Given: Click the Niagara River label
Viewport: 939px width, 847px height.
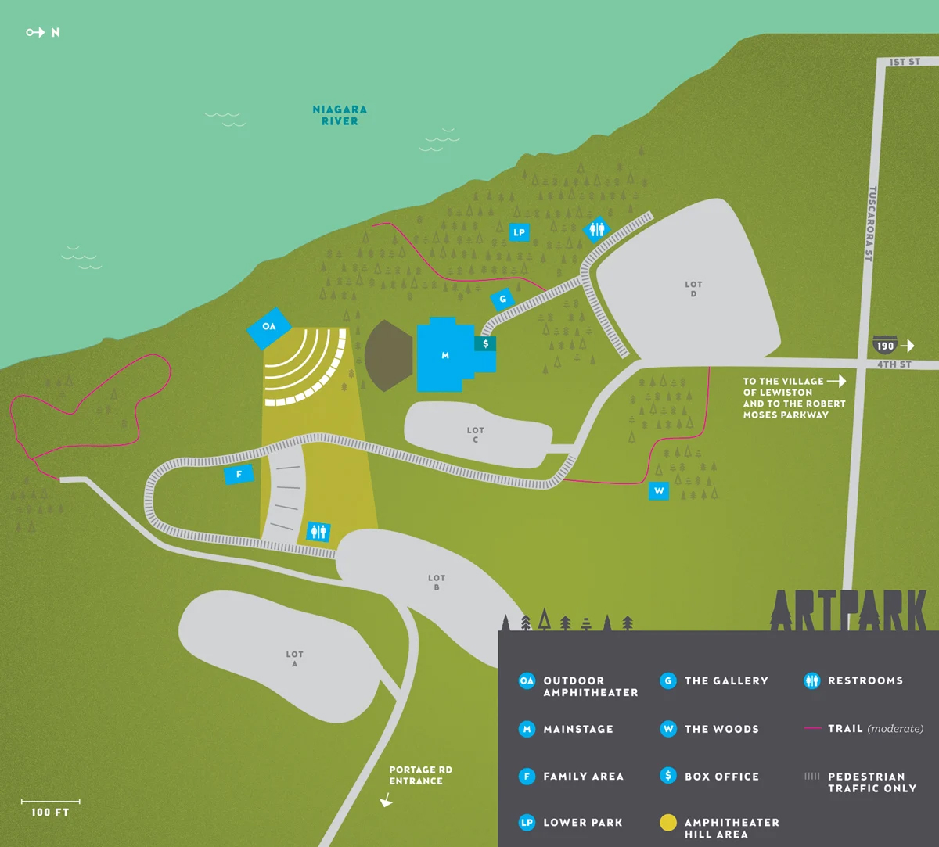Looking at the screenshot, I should [x=340, y=115].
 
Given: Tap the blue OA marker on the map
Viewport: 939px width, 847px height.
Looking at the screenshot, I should [x=269, y=326].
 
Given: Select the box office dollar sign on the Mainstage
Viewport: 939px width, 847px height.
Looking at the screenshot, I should [x=485, y=343].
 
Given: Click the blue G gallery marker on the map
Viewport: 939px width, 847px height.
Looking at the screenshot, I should [x=502, y=299].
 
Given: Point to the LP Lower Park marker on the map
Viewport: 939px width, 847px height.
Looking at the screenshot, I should [x=519, y=232].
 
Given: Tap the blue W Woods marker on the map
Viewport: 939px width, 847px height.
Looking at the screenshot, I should [x=659, y=491].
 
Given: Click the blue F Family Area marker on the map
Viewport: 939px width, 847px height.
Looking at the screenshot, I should [x=239, y=474].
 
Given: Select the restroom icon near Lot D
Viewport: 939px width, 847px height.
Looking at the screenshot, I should [x=597, y=228].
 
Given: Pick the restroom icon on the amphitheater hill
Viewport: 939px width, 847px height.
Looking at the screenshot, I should [x=318, y=532].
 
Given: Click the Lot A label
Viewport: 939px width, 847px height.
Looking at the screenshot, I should [x=294, y=659].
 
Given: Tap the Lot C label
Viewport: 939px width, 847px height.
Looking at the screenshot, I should [x=475, y=435].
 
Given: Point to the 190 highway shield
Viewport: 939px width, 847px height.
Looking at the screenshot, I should [x=885, y=346].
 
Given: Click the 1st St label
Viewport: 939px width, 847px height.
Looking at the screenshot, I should [x=905, y=62].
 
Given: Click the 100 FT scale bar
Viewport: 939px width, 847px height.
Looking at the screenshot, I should [x=50, y=802].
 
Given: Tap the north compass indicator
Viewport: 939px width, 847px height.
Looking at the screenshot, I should [x=43, y=33].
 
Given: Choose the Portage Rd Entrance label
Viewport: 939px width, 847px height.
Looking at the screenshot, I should [x=420, y=775].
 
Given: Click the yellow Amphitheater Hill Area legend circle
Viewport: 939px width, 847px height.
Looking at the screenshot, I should [x=667, y=823].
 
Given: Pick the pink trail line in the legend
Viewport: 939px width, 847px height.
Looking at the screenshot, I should [x=811, y=729].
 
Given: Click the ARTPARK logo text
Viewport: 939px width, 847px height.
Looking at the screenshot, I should [x=848, y=610].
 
